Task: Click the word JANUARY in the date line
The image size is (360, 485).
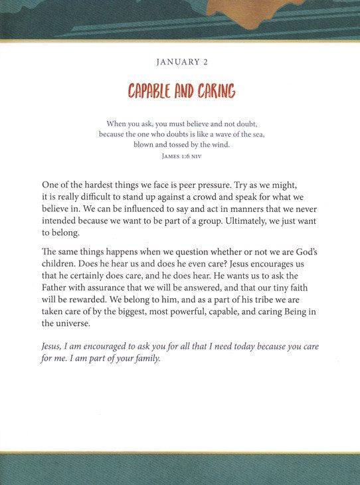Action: (175, 62)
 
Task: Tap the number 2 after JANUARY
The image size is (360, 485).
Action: (203, 62)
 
